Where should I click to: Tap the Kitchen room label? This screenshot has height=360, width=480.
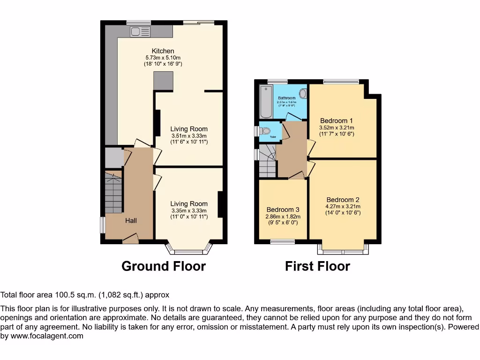tap(163, 51)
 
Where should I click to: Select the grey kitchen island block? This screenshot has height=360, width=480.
tap(163, 81)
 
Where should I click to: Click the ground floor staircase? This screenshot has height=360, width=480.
tap(113, 193)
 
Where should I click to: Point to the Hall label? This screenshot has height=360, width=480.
tap(130, 220)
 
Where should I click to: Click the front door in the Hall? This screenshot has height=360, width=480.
tap(130, 240)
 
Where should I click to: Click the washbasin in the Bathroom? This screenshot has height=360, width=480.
tap(303, 94)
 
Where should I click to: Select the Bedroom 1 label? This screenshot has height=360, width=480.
tap(336, 120)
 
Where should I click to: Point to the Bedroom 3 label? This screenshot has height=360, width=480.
tap(283, 210)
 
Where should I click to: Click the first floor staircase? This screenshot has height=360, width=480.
tap(267, 162)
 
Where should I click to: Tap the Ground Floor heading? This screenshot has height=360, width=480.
tap(164, 266)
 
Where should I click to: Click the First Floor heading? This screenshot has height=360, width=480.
tap(317, 266)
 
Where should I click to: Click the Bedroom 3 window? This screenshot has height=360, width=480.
tap(283, 241)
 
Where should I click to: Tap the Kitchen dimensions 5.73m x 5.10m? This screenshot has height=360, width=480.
tap(163, 58)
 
